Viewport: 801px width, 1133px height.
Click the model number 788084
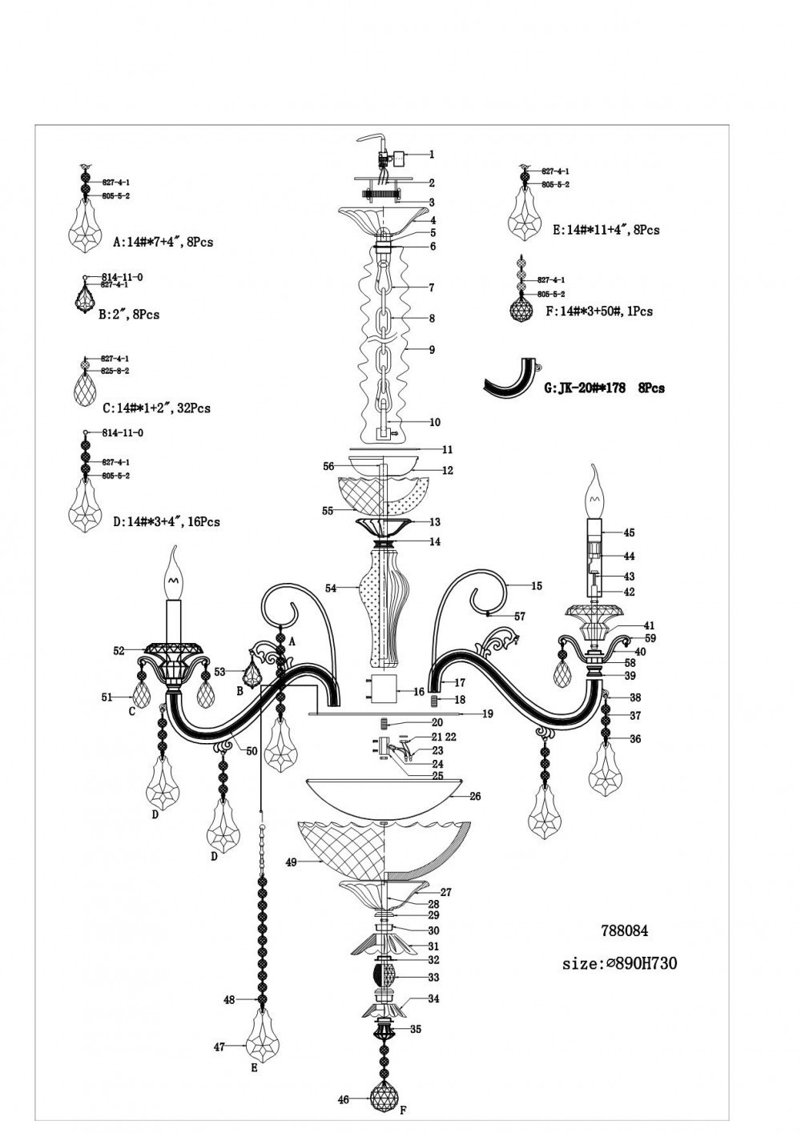pos(624,930)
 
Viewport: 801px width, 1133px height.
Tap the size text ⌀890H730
pos(619,963)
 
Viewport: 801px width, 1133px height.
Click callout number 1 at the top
pos(432,155)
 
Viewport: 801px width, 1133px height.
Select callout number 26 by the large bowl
pos(475,796)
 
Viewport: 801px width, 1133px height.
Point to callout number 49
pos(291,862)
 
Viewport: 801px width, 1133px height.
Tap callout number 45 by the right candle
pos(629,532)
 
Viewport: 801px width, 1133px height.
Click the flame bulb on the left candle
pos(173,570)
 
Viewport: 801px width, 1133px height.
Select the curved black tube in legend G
pos(510,379)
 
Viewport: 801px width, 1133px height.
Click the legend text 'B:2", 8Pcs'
pos(128,315)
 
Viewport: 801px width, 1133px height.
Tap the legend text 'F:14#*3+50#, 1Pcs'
pos(598,311)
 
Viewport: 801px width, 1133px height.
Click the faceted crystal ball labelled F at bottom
pos(387,1101)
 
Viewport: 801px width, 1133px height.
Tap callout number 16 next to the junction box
pos(419,691)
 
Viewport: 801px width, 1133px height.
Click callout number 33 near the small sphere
pos(433,978)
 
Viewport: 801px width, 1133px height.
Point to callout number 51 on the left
pos(107,697)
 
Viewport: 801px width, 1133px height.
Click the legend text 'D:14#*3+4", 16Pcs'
pos(166,521)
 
